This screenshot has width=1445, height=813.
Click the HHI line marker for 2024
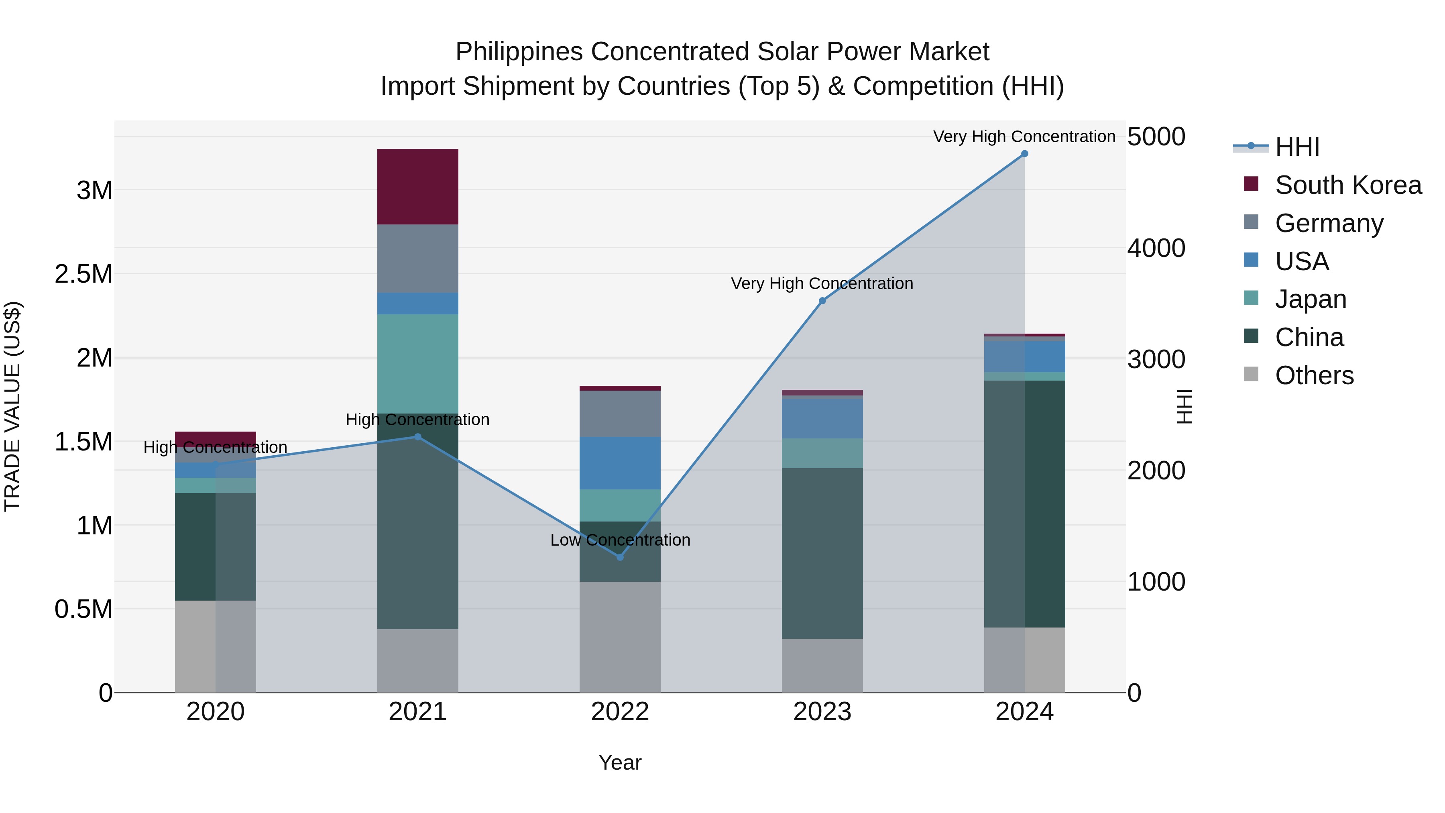pos(1024,154)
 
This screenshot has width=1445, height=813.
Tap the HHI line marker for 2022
pos(620,557)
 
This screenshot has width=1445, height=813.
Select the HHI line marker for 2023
pos(822,301)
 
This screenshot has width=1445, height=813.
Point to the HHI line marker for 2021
pos(417,437)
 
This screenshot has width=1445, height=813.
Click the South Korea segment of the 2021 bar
pos(417,187)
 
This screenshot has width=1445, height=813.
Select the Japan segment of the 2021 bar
pos(417,364)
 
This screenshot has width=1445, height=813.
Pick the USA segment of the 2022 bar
pos(620,463)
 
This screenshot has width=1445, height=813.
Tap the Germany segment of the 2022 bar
pos(620,414)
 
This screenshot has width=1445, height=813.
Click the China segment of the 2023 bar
pos(822,553)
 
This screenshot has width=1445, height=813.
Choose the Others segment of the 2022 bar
pos(620,637)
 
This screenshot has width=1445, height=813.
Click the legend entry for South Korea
pos(1348,185)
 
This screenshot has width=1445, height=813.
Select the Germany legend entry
pos(1329,223)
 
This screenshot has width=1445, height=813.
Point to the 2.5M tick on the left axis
pos(83,274)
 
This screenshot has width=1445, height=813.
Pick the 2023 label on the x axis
pos(822,712)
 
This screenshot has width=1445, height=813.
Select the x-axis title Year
pos(620,762)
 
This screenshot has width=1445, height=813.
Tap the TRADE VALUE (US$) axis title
pos(12,406)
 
